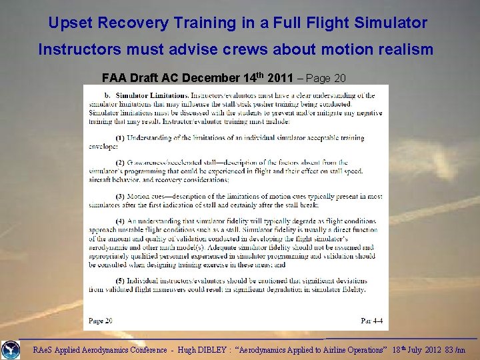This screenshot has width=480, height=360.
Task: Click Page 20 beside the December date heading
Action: pos(327,78)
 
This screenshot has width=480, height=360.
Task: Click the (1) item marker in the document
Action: pos(119,138)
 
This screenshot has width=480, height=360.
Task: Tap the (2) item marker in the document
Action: pos(119,163)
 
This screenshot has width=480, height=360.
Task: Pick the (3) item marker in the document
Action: pos(119,197)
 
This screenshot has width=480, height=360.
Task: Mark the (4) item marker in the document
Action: pos(119,221)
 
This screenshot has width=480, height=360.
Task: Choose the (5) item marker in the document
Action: pos(119,281)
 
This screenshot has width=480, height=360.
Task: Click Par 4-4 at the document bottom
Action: pos(371,321)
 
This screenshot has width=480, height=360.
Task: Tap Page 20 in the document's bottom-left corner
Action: pos(101,321)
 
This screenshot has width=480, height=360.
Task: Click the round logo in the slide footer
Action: pos(11,349)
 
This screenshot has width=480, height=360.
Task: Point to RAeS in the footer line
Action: pos(44,349)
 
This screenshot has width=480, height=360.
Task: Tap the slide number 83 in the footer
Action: pos(451,349)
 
